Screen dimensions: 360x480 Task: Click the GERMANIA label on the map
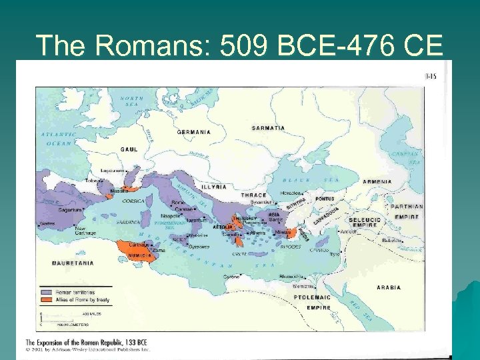pos(194,132)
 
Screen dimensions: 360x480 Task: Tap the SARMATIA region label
pos(268,127)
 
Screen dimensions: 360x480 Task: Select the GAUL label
pos(129,149)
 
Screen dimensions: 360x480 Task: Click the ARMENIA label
pos(377,182)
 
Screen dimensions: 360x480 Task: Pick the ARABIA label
pos(389,287)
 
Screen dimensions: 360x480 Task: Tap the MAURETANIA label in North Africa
pos(73,263)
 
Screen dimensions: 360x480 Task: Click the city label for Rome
pos(178,203)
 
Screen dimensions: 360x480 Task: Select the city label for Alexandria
pos(292,275)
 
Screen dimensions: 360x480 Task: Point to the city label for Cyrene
pos(231,275)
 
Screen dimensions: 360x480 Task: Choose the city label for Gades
pos(47,224)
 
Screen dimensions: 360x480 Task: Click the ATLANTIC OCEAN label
pos(59,138)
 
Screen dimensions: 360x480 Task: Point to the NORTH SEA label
pos(131,101)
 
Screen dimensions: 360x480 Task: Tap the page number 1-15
pos(431,77)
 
